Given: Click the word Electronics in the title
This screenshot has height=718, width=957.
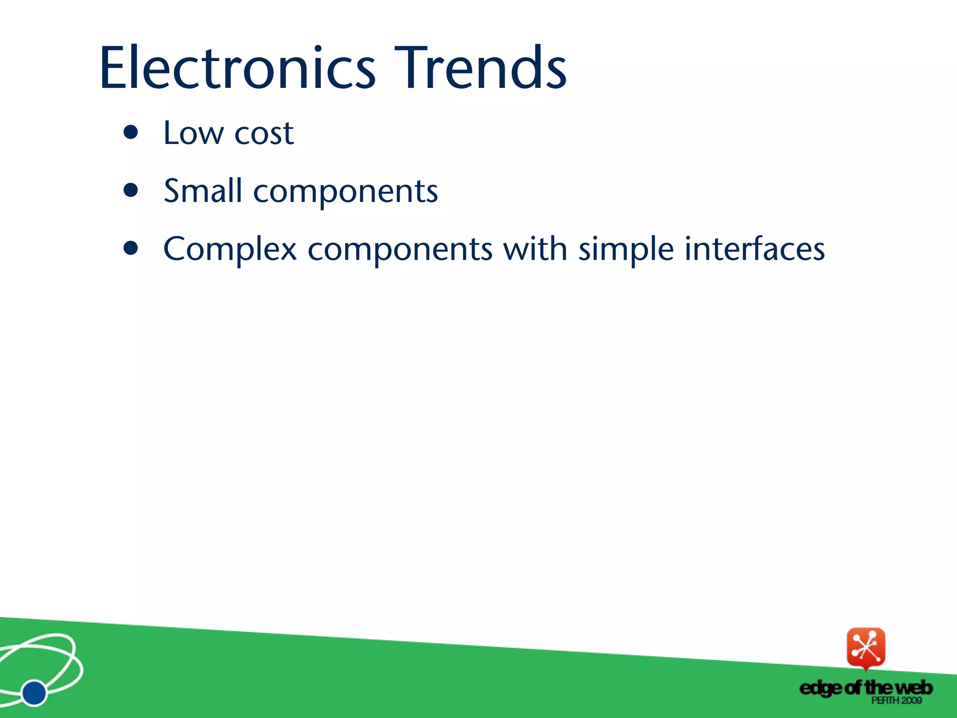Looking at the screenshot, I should coord(237,68).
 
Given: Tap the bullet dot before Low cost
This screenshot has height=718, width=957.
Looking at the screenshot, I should coord(131,132).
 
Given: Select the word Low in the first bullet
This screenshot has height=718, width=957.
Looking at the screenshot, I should coord(193,133).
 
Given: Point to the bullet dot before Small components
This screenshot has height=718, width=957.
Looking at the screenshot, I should coord(131,190).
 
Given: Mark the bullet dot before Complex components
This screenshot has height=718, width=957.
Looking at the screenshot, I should coord(131,248).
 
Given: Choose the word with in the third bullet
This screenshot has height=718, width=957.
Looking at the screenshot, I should coord(535,249).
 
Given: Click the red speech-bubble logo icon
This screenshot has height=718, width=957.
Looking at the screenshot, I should coord(865,647).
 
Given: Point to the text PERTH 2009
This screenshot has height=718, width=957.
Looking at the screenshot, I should coord(896,700).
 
